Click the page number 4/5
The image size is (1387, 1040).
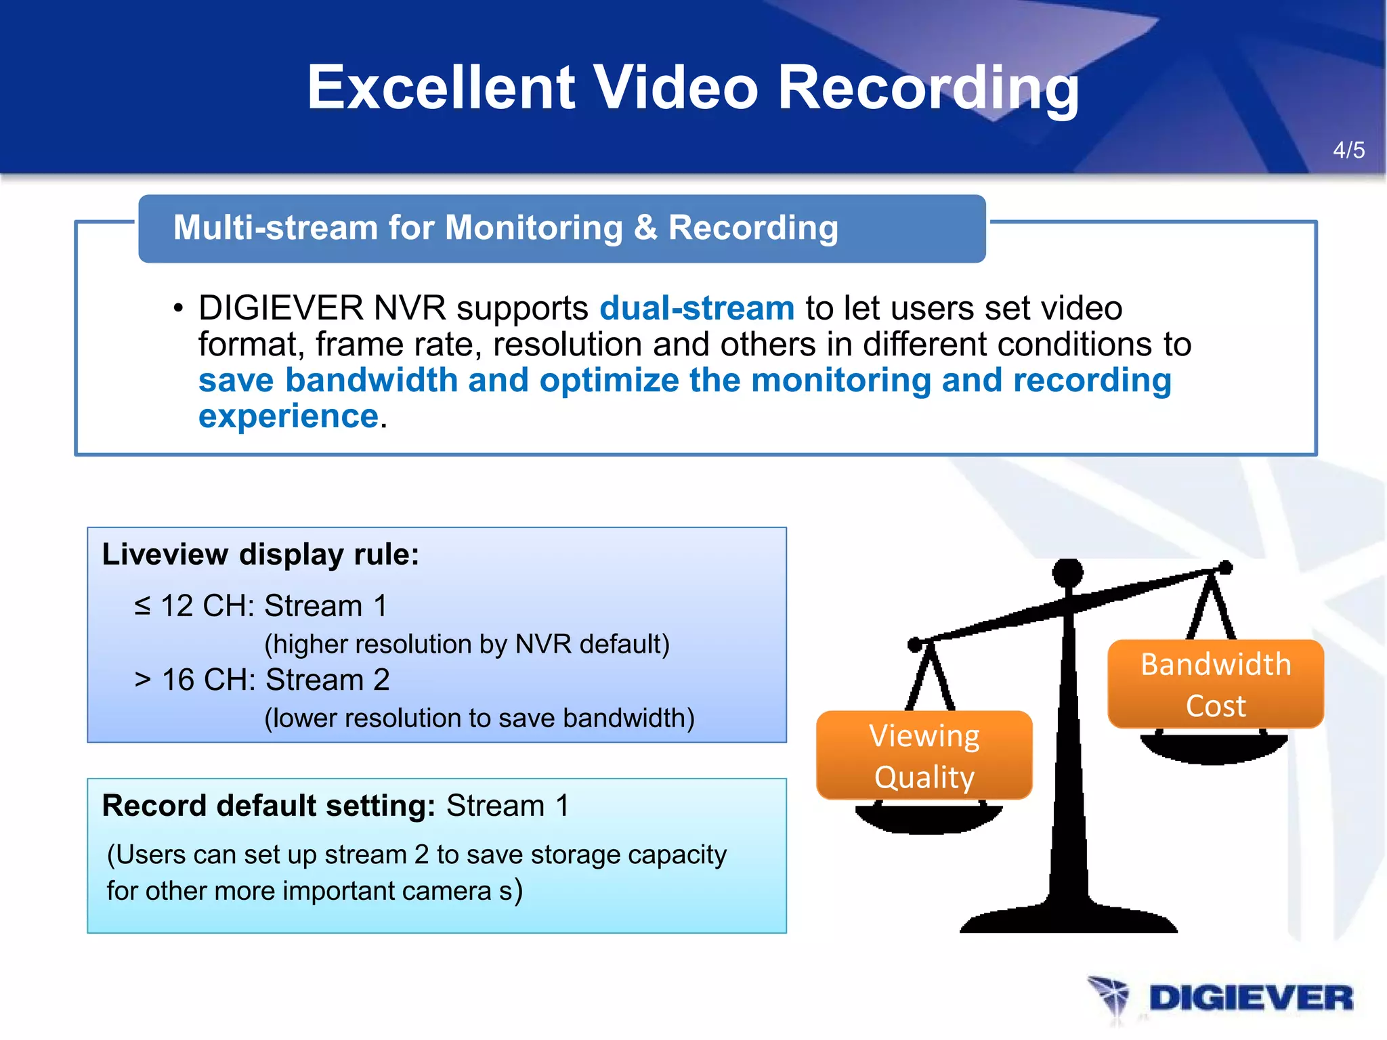(1348, 150)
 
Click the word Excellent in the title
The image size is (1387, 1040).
(441, 87)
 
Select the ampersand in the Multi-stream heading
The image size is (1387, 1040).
(645, 227)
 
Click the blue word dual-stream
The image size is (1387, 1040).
(697, 308)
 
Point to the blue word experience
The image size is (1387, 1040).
(288, 416)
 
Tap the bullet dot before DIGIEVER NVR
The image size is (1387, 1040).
(178, 309)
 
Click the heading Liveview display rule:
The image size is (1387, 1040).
(261, 555)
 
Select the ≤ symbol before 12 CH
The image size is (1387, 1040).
(142, 605)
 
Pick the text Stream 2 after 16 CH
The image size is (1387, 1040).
(328, 680)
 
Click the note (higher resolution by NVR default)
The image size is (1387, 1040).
(467, 644)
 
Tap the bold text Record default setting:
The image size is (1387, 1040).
(268, 806)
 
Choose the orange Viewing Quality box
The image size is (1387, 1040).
(924, 756)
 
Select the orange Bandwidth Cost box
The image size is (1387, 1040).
(1215, 685)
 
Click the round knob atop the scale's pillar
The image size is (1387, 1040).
(1068, 573)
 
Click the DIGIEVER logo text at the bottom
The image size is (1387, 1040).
(1250, 999)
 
